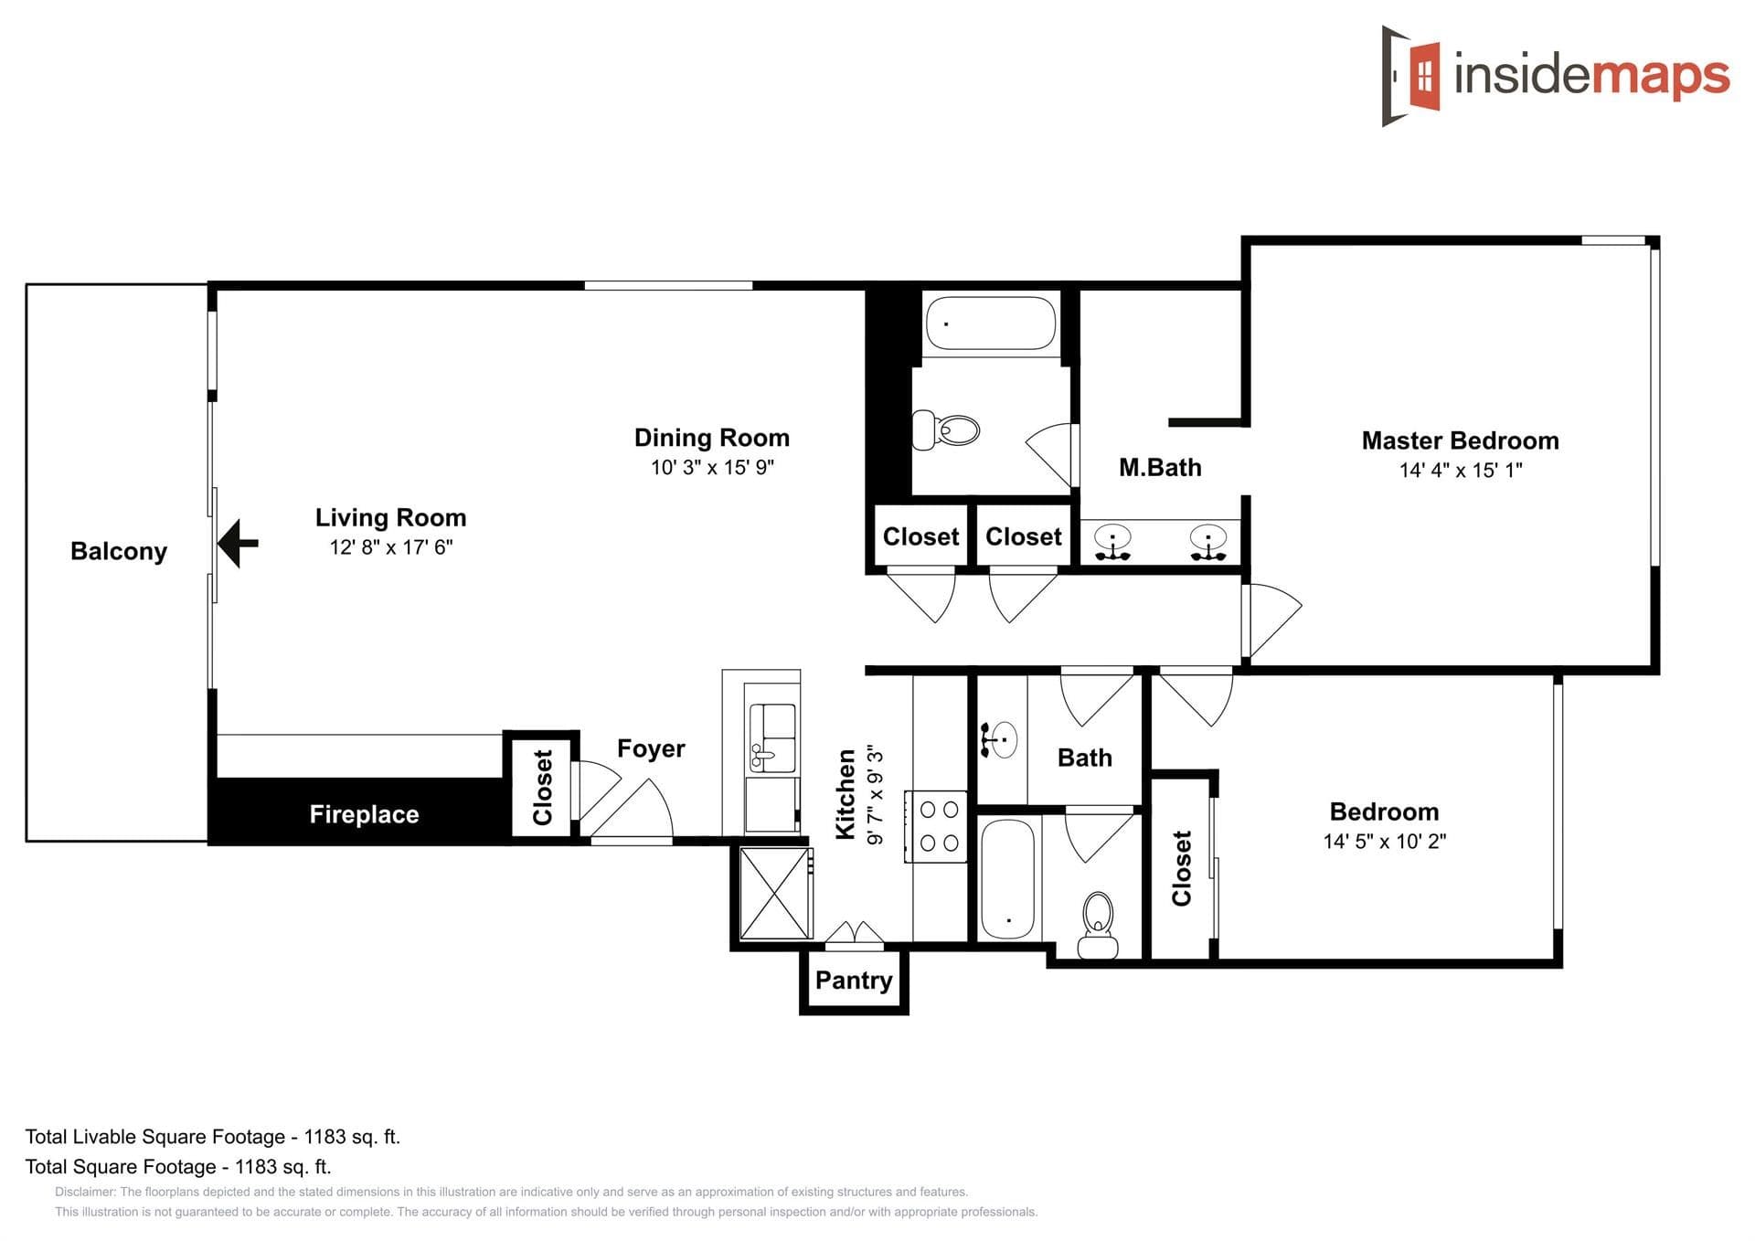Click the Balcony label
(119, 551)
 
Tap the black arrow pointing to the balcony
(239, 543)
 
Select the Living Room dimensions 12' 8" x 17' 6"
(391, 547)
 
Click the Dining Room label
(712, 438)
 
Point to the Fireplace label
(364, 814)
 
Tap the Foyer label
(651, 748)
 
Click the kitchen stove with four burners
(936, 826)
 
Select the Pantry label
(854, 980)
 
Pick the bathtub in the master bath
(991, 323)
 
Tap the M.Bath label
(1160, 468)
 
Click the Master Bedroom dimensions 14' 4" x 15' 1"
(1461, 471)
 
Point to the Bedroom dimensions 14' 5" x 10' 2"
(1385, 842)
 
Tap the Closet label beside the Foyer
(543, 787)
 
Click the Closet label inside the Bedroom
(1182, 868)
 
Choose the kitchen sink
(772, 738)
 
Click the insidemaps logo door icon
(1411, 76)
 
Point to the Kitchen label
(846, 794)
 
